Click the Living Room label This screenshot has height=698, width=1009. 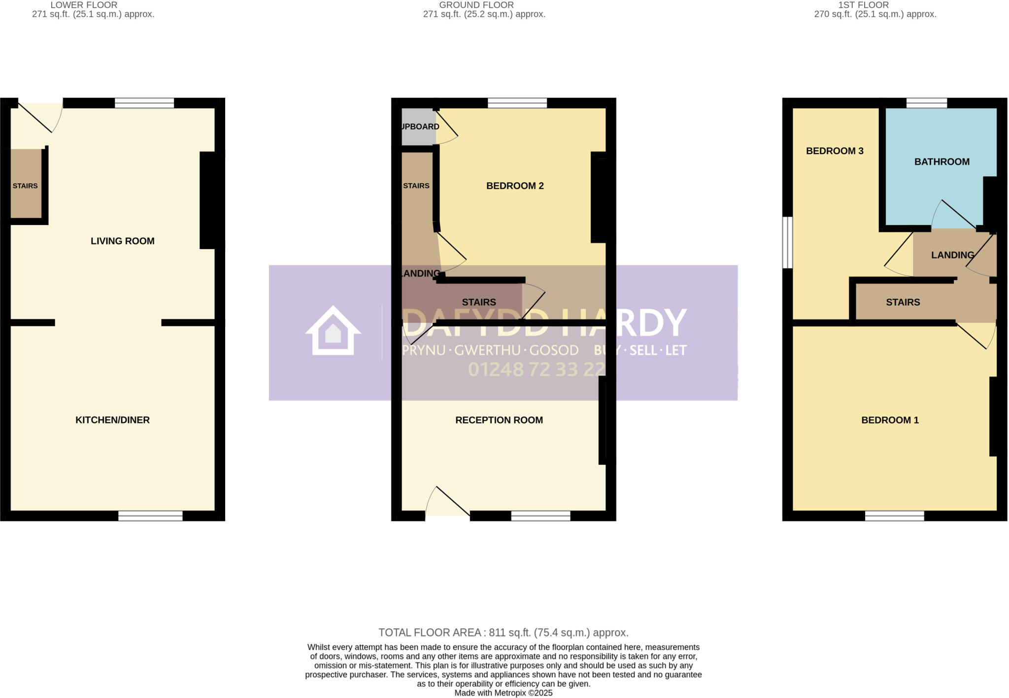122,241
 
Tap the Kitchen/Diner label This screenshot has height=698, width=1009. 112,420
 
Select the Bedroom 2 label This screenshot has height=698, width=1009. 515,186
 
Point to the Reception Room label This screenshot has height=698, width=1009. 499,420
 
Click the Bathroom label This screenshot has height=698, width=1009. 942,161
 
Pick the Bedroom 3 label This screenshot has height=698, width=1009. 835,151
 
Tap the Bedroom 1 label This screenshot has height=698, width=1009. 890,420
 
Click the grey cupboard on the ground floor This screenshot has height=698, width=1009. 418,127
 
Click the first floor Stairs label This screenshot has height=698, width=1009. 903,302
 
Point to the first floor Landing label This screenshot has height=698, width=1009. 952,255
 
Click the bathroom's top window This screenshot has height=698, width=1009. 926,103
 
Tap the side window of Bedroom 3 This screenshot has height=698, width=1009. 788,243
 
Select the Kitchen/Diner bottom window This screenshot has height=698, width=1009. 150,516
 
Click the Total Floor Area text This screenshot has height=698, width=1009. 503,633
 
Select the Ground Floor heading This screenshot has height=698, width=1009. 476,5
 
